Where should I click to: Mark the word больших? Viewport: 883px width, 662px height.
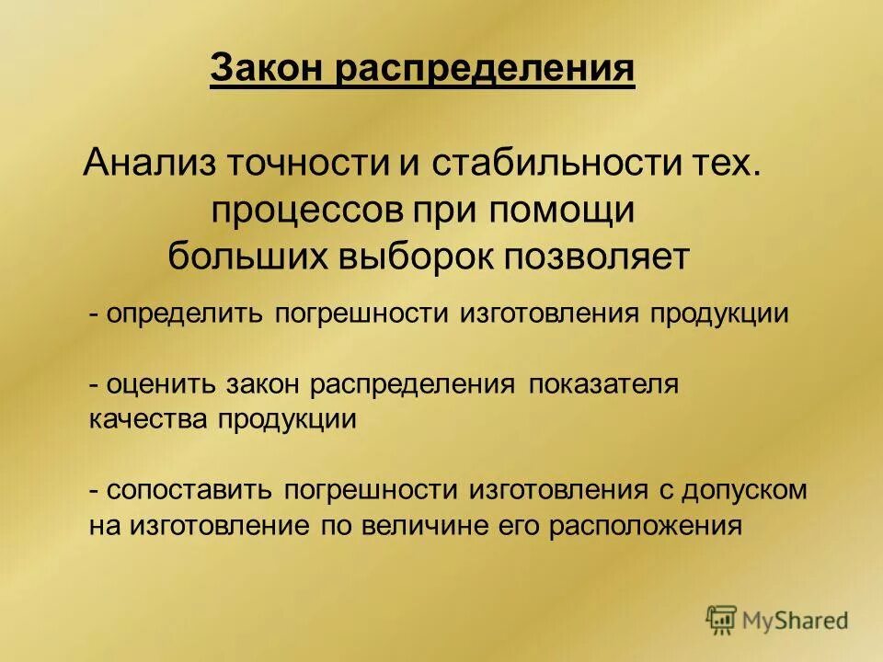[x=234, y=257]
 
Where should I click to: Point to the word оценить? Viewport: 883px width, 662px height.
[x=155, y=384]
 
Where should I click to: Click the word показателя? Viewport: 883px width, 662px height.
[x=603, y=384]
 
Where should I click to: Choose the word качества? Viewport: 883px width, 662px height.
[x=149, y=420]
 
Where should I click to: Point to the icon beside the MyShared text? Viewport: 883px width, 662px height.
[x=721, y=620]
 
